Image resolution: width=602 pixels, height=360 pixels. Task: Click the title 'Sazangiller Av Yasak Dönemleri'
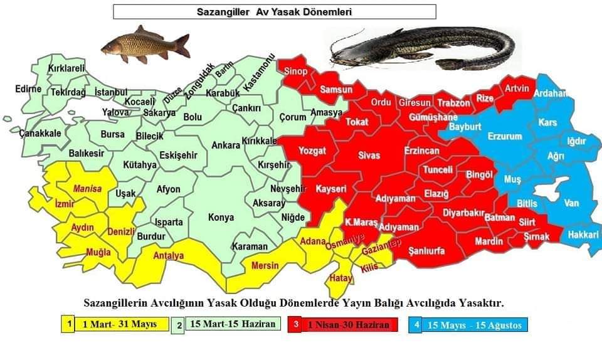[x=274, y=12]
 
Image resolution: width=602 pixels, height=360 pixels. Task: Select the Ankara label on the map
[x=226, y=146]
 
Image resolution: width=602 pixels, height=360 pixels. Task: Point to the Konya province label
[x=221, y=218]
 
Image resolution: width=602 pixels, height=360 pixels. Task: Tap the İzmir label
[x=65, y=204]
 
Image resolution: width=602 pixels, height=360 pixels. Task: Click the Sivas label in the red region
[x=369, y=155]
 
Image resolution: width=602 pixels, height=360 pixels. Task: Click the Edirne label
[x=28, y=89]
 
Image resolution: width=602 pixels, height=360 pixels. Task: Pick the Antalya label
[x=169, y=256]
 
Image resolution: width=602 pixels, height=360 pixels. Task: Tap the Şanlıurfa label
[x=426, y=251]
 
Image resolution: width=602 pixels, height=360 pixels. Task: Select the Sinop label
[x=295, y=71]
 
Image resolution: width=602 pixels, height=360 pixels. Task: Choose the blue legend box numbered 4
[x=416, y=325]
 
